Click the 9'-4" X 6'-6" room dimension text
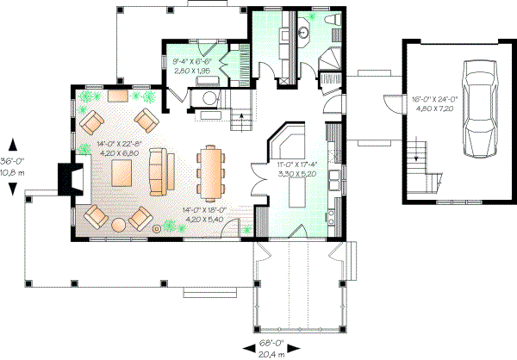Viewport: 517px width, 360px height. (x=193, y=61)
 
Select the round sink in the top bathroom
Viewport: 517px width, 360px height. (x=304, y=33)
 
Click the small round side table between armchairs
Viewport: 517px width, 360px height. (x=156, y=229)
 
